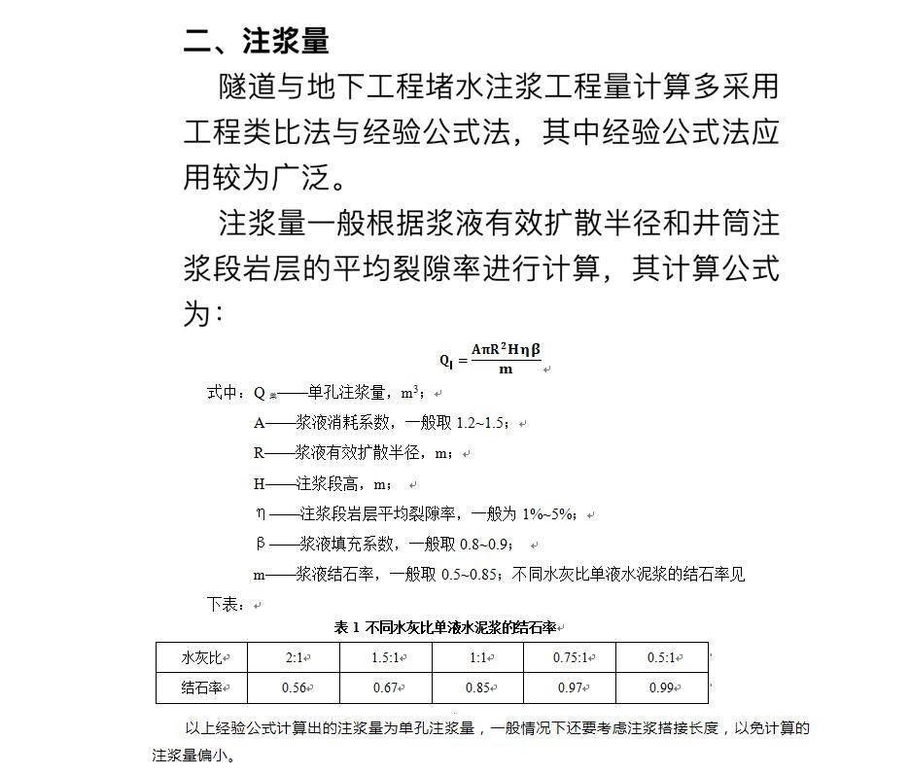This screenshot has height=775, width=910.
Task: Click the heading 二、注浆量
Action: tap(257, 41)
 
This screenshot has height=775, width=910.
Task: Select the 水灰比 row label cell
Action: tap(202, 658)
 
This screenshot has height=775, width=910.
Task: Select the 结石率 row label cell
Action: tap(202, 688)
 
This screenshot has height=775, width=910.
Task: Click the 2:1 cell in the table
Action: tap(295, 658)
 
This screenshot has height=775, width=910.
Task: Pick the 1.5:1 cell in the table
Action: tap(386, 658)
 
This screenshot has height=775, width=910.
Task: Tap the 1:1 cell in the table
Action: tap(478, 658)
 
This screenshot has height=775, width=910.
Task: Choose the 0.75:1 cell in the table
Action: tap(570, 658)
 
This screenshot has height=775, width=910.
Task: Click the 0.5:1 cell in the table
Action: tap(662, 658)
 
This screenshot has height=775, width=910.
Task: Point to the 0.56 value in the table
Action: tap(295, 688)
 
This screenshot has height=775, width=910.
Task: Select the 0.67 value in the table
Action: tap(386, 688)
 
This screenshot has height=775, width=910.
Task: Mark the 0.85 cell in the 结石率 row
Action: tap(478, 688)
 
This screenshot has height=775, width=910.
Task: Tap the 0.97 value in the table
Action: tap(570, 688)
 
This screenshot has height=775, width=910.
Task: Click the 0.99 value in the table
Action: tap(662, 688)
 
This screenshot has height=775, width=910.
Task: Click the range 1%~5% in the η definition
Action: tap(550, 513)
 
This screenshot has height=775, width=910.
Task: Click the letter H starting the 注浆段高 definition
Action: tap(260, 483)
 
